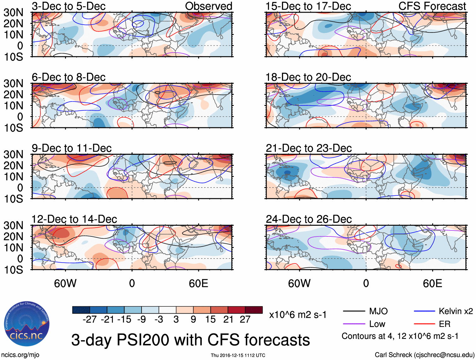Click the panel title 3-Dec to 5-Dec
(68, 6)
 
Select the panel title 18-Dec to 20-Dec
(308, 77)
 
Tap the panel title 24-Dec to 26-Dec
(309, 219)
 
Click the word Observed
(208, 6)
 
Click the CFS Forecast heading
(432, 6)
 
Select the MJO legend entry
(378, 311)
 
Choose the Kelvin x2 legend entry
(456, 311)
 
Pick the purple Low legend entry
(377, 324)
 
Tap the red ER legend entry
(444, 324)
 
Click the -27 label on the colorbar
(90, 320)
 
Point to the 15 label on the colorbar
(210, 320)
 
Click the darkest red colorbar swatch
(254, 310)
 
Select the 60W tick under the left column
(65, 283)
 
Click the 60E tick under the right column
(432, 283)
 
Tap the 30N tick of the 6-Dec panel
(13, 84)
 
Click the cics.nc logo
(27, 324)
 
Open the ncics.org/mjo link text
(20, 355)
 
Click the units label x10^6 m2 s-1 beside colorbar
(298, 315)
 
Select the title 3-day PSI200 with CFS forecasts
(190, 340)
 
